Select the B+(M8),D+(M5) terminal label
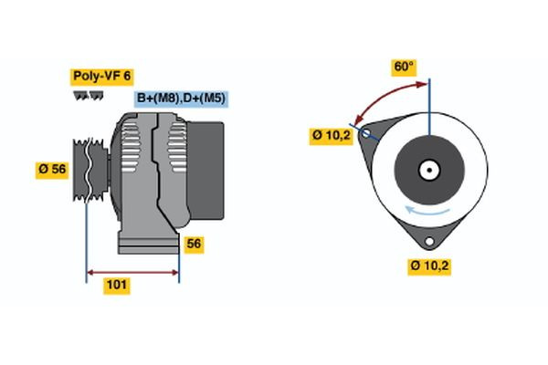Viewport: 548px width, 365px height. pos(182,98)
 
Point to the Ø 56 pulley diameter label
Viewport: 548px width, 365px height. pos(52,170)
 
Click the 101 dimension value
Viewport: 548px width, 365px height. pos(117,286)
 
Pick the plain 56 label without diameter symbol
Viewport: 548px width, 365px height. pos(194,245)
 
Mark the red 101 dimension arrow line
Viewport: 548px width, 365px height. pos(132,272)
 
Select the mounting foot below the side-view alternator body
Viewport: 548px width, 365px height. pos(146,243)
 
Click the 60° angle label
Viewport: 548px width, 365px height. pos(404,68)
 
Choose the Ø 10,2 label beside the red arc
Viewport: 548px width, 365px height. pos(331,136)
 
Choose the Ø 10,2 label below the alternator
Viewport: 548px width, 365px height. pos(430,266)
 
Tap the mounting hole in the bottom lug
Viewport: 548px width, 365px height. pos(428,242)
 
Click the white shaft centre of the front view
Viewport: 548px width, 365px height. pos(428,169)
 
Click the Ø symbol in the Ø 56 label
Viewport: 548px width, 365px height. pos(42,170)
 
